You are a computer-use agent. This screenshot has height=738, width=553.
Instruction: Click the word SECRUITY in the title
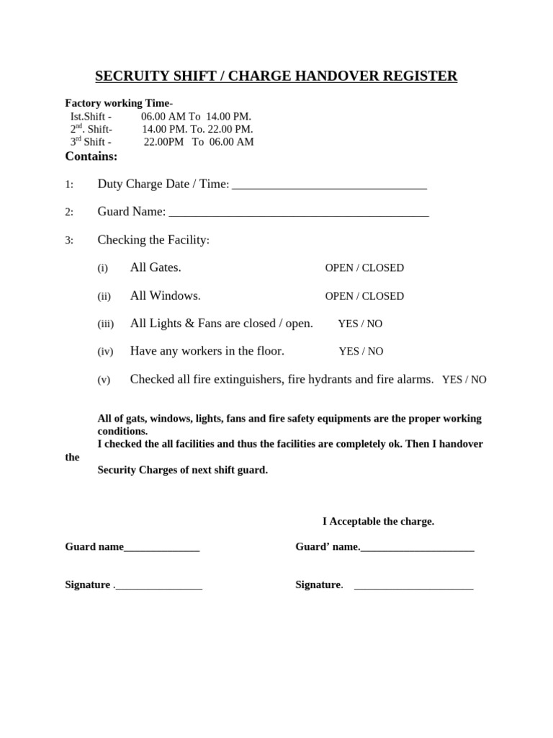pos(130,76)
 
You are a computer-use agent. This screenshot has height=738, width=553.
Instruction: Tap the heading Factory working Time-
pos(119,103)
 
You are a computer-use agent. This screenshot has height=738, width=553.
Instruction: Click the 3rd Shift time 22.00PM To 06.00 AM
pos(199,142)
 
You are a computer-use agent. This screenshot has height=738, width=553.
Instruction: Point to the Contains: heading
pos(91,156)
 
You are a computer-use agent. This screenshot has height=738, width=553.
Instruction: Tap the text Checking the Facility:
pos(153,240)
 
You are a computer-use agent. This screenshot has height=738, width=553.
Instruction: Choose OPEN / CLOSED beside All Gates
pos(364,268)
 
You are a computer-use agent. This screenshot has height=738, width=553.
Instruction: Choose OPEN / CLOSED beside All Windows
pos(364,296)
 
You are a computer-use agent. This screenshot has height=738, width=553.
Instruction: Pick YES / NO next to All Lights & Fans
pos(360,324)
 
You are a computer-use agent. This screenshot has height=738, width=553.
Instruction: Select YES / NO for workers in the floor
pos(361,352)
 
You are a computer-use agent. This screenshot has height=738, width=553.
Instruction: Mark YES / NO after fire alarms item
pos(464,380)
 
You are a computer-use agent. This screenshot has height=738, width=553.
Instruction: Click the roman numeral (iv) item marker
pos(104,352)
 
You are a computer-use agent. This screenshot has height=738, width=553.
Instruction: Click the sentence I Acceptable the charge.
pos(378,521)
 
